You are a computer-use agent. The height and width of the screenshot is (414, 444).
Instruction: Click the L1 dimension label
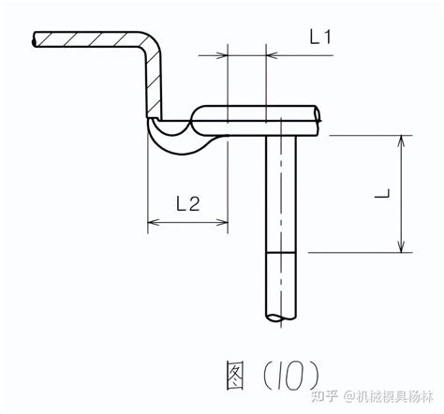point(320,37)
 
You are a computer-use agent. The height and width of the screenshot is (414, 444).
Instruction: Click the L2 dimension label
point(188,204)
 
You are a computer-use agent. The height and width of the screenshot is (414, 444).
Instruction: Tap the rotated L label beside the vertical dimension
point(382,193)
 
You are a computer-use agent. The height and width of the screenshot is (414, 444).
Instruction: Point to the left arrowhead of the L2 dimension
point(153,222)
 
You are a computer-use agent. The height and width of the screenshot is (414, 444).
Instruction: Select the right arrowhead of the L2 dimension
point(222,222)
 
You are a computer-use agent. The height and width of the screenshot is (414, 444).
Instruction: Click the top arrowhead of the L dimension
point(401,141)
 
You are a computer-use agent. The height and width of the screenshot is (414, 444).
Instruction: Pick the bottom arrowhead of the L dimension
point(401,246)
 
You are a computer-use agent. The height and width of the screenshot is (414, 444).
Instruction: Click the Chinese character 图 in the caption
point(235,376)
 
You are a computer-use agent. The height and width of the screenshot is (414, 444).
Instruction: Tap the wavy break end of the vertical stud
point(281,318)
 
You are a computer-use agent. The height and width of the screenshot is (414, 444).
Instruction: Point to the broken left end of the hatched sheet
point(34,39)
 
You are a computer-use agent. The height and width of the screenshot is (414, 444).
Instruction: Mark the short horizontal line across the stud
point(280,252)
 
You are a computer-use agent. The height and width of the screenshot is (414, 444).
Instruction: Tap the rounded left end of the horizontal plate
point(195,121)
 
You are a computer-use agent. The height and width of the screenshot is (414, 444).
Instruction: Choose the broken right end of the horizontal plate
point(318,121)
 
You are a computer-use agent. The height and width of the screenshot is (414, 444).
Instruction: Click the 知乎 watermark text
point(324,397)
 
